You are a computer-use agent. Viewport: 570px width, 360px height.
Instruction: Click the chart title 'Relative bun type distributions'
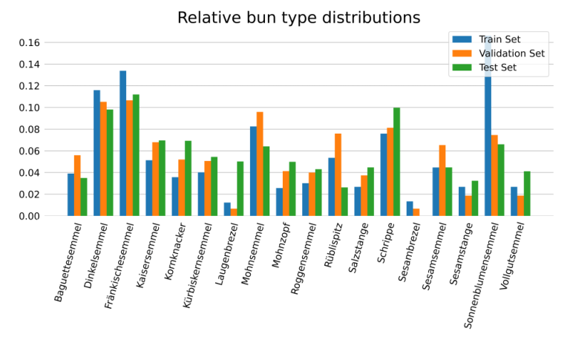298,18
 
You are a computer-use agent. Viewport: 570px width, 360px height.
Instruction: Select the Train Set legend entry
499,39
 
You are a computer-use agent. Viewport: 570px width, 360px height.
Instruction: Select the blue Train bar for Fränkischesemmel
123,143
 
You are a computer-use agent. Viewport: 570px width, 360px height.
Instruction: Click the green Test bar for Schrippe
397,162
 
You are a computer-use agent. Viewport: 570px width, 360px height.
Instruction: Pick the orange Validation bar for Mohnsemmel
260,164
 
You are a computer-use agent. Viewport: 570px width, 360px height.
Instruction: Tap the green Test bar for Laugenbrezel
240,189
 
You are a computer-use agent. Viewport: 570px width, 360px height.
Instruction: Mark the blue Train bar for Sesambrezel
410,209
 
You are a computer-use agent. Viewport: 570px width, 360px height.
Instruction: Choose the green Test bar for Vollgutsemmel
527,194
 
